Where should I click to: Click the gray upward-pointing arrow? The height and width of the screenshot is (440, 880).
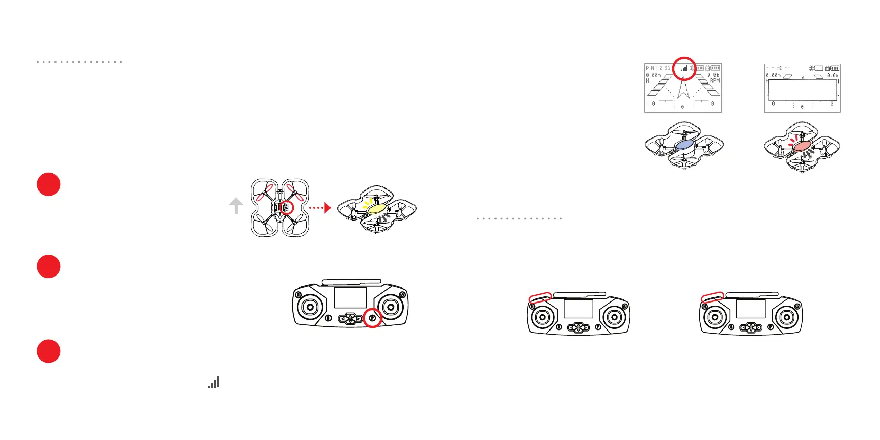click(236, 206)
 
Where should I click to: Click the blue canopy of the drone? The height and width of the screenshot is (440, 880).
click(684, 145)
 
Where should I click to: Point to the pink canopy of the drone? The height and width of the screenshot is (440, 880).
click(803, 146)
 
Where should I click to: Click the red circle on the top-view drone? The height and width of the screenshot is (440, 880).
click(286, 207)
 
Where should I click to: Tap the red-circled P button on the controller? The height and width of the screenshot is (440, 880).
click(373, 318)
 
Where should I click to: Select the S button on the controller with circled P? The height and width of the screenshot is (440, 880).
click(328, 318)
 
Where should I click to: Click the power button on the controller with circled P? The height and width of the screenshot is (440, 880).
click(402, 295)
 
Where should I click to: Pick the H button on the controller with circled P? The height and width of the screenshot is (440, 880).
click(298, 295)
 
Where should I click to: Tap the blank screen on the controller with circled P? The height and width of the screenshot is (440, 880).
click(350, 297)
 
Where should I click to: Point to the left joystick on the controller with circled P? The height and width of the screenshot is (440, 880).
click(310, 307)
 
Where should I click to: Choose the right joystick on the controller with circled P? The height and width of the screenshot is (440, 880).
click(391, 307)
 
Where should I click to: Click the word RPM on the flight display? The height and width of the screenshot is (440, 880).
click(715, 81)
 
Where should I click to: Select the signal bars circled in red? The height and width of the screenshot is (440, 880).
click(684, 68)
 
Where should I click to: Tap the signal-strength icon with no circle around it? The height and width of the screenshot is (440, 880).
click(214, 382)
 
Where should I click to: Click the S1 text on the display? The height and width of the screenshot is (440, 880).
click(667, 68)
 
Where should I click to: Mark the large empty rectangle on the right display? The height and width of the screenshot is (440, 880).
click(802, 90)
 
